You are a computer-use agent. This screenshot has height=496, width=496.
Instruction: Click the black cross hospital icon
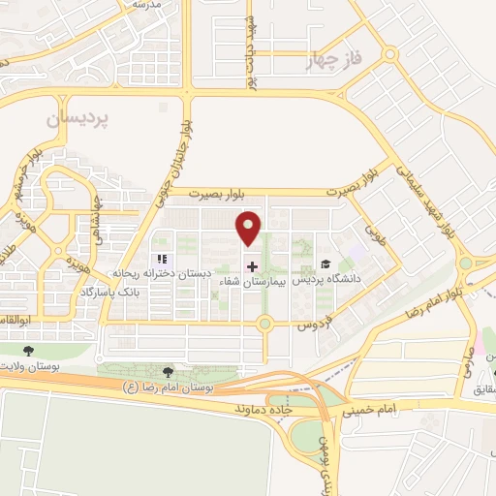pos(252,266)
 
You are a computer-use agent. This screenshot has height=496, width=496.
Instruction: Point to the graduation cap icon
pos(325,264)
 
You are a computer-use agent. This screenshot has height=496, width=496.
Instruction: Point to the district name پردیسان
pos(77,119)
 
